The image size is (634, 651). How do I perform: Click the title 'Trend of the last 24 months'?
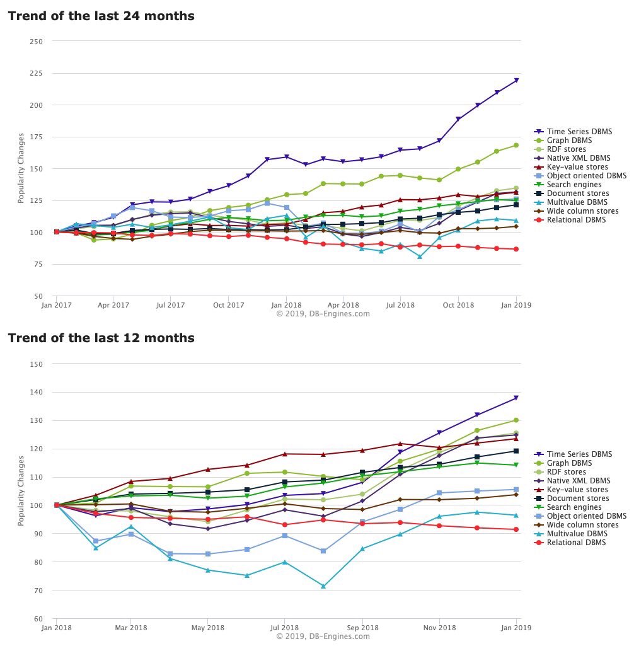pos(101,16)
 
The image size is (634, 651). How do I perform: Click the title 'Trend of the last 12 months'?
pos(101,338)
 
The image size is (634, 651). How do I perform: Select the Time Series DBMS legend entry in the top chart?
pos(579,132)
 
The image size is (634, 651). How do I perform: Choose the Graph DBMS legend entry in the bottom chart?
pos(570,463)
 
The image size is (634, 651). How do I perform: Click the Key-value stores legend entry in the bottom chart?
pos(577,490)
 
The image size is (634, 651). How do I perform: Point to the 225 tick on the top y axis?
pos(37,73)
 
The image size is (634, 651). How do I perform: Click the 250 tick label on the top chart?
pos(37,42)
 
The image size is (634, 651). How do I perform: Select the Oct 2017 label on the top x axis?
pos(229,305)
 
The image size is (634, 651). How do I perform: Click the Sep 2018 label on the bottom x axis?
pos(362,628)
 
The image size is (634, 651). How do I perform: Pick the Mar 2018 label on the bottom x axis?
pos(131,628)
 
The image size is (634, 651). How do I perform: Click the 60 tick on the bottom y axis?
pos(38,619)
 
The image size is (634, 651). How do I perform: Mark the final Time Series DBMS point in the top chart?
pos(516,80)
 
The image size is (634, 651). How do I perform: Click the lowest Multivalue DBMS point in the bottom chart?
pos(323,586)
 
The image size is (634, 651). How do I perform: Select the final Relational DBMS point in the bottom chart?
pos(516,529)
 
